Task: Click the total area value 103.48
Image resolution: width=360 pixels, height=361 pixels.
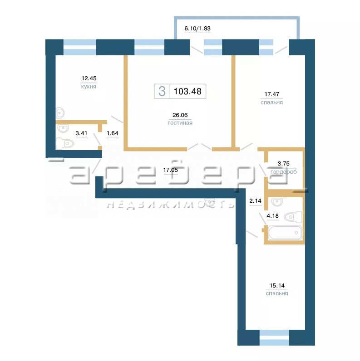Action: tap(187, 91)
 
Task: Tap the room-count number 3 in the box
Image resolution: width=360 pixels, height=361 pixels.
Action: tap(162, 91)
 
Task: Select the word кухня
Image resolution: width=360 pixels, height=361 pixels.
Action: tap(89, 87)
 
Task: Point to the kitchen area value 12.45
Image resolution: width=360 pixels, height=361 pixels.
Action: tap(89, 78)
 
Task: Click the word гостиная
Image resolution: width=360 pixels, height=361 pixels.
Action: tap(180, 123)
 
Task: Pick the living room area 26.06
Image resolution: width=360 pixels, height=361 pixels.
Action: tap(180, 115)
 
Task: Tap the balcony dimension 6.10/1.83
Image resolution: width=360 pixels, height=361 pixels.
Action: tap(197, 29)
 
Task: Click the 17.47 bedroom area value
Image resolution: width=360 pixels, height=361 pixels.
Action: tap(272, 94)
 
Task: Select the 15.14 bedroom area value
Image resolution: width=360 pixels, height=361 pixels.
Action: tap(277, 285)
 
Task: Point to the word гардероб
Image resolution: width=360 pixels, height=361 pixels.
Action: tap(283, 172)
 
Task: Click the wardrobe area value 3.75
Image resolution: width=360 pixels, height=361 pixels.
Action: tap(283, 163)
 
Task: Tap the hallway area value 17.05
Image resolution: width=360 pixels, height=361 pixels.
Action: tap(171, 170)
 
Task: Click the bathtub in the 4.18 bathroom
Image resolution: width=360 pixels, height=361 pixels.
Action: tap(285, 233)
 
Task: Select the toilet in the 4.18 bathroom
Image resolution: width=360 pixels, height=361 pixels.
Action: tap(293, 217)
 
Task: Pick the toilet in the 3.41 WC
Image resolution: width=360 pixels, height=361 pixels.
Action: tap(65, 143)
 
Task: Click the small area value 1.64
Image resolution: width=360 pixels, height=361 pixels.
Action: tap(113, 133)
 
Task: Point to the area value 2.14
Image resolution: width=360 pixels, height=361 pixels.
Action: tap(256, 201)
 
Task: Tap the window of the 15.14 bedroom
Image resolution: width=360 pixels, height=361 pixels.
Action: tap(274, 337)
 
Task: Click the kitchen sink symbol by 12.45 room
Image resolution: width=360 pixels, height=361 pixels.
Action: tap(59, 113)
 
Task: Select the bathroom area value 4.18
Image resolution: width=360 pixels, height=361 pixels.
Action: tap(273, 216)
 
